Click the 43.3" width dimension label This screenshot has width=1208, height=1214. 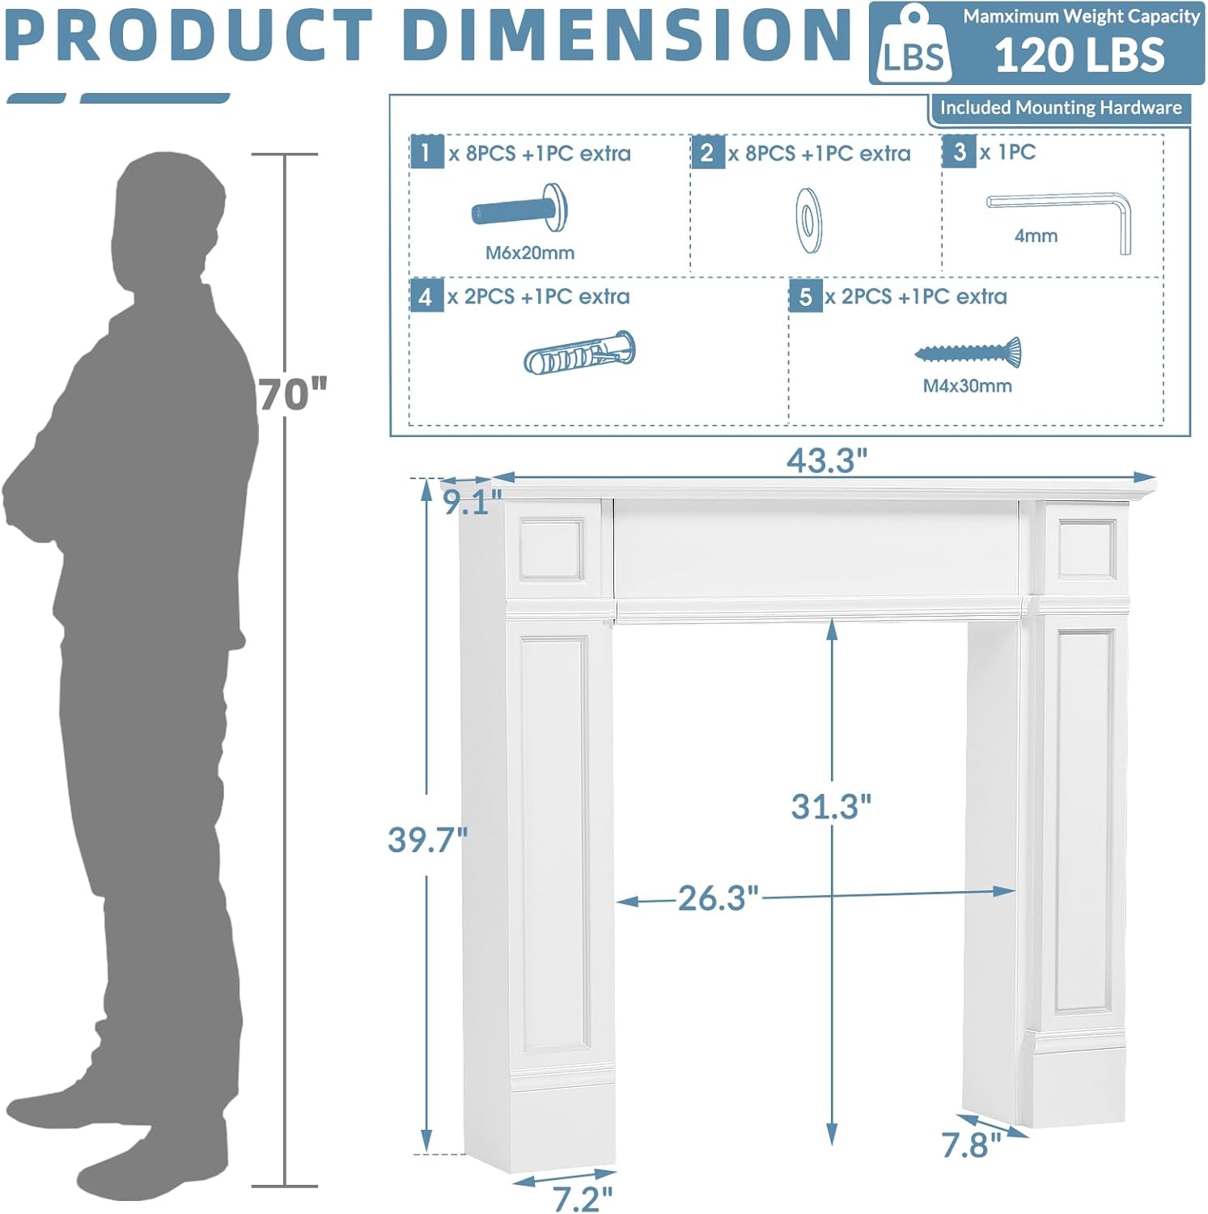[827, 461]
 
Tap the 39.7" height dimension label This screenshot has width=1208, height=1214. [427, 839]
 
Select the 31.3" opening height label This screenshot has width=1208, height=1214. [831, 806]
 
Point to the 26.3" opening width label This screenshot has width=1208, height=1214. [718, 898]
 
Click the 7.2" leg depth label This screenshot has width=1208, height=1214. [583, 1199]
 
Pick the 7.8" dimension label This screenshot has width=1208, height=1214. [971, 1145]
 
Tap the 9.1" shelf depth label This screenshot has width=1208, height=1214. [473, 502]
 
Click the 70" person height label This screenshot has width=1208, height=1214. [293, 394]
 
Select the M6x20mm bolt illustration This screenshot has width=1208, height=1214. [520, 209]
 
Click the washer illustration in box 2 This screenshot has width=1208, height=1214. [808, 220]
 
